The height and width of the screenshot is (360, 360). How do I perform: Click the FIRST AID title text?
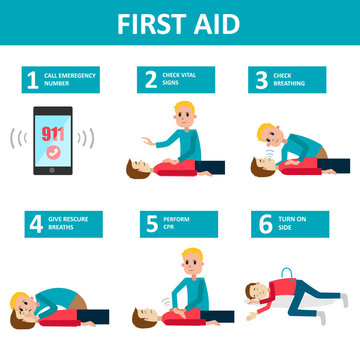coord(180,23)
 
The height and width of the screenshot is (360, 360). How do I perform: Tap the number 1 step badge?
coord(31,80)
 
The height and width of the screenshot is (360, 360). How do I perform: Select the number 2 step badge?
coord(151,80)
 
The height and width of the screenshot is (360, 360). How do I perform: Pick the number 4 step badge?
coord(35,224)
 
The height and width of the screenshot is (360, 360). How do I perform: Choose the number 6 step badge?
coord(266,224)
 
